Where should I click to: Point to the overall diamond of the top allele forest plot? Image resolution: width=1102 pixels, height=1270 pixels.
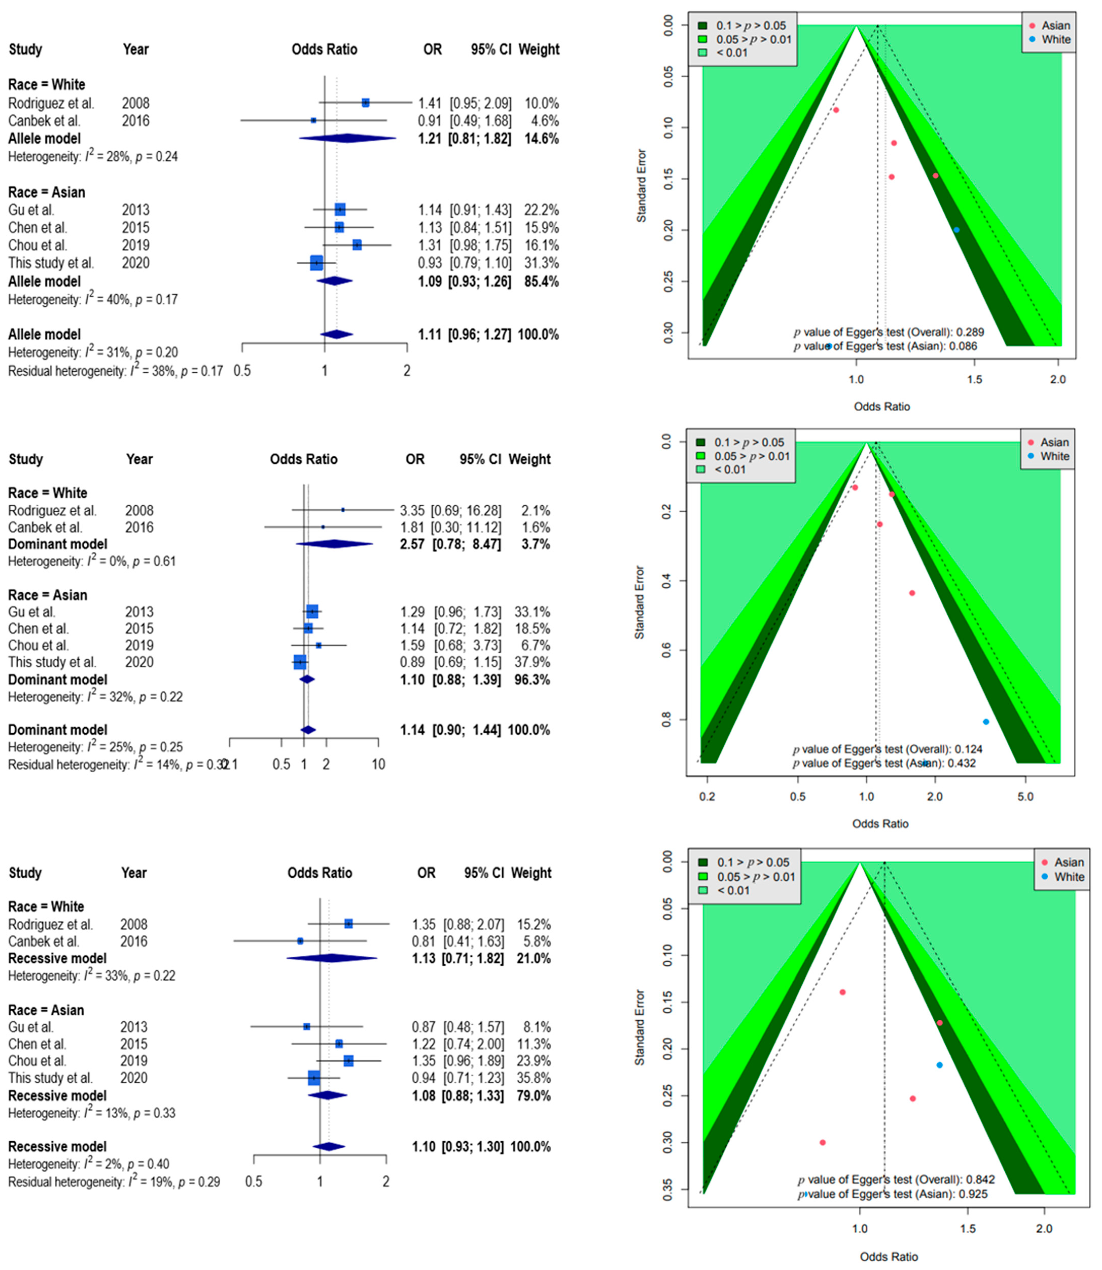click(x=336, y=335)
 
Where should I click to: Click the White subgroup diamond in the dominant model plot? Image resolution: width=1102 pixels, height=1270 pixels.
click(x=334, y=544)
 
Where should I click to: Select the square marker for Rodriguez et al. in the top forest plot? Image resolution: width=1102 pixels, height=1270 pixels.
click(x=365, y=103)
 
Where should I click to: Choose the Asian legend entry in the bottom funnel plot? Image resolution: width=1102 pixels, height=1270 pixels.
click(x=1068, y=862)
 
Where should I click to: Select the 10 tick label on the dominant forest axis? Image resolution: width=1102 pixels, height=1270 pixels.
click(x=378, y=765)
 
